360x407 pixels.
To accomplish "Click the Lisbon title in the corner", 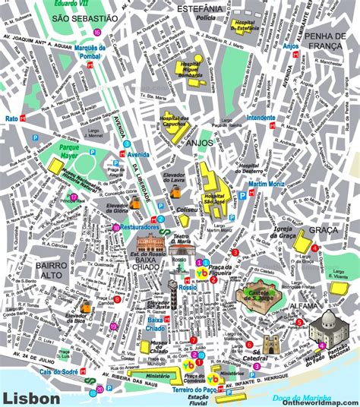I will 30,397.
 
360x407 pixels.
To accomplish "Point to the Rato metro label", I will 11,118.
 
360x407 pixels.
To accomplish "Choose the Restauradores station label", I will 140,226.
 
